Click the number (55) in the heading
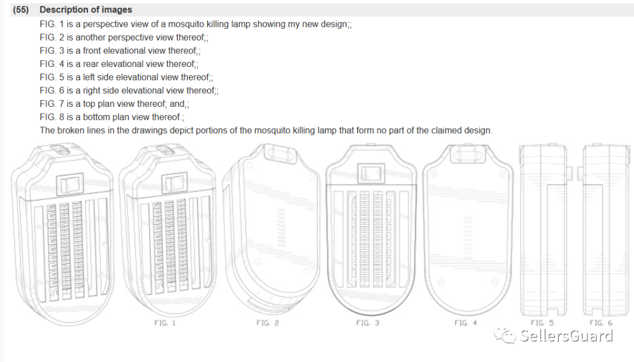[x=21, y=10]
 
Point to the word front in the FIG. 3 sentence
[x=93, y=51]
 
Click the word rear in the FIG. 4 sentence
[x=91, y=64]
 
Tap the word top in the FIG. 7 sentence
[x=89, y=104]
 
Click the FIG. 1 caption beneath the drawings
[x=165, y=323]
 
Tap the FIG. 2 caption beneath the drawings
[x=268, y=323]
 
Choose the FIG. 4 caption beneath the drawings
[x=466, y=323]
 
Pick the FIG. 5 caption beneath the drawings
[x=542, y=323]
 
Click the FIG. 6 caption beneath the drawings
[x=601, y=323]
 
